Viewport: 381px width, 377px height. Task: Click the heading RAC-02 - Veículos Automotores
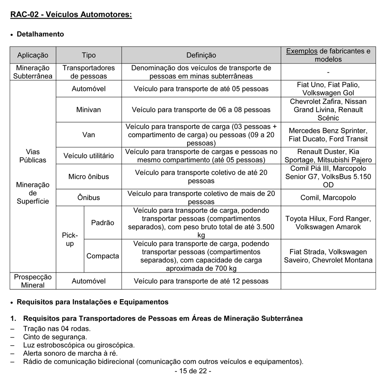coord(71,15)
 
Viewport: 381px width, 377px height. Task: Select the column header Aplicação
coord(33,55)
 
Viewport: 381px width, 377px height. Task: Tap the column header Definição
coord(201,55)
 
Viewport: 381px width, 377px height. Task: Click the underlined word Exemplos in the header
coord(301,51)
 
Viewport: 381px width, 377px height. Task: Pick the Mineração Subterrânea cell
coord(33,72)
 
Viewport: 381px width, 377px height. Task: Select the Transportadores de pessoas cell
coord(88,72)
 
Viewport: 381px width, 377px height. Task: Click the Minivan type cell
coord(88,110)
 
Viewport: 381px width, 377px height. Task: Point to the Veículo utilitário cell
coord(88,156)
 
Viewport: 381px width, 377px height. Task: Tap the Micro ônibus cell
coord(88,176)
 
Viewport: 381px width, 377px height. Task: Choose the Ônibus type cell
coord(88,198)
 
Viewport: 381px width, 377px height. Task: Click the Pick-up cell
coord(70,239)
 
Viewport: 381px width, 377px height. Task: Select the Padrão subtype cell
coord(102,223)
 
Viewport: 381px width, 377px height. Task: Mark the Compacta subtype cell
coord(102,256)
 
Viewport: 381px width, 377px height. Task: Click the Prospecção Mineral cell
coord(33,281)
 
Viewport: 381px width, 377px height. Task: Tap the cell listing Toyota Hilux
coord(328,223)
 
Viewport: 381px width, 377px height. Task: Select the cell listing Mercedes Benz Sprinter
coord(328,135)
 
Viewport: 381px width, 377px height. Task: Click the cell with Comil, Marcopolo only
coord(328,198)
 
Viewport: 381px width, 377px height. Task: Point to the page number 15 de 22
coord(193,371)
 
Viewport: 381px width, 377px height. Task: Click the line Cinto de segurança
coord(55,337)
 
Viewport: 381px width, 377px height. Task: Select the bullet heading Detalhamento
coord(40,34)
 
